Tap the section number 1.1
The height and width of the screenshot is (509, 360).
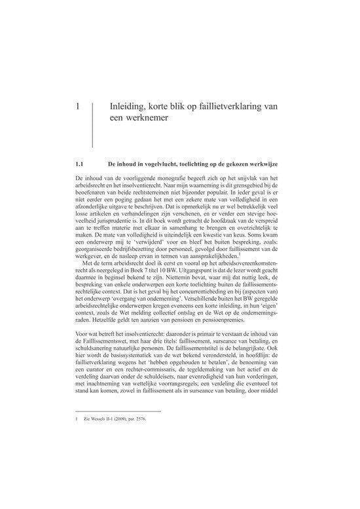81,161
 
